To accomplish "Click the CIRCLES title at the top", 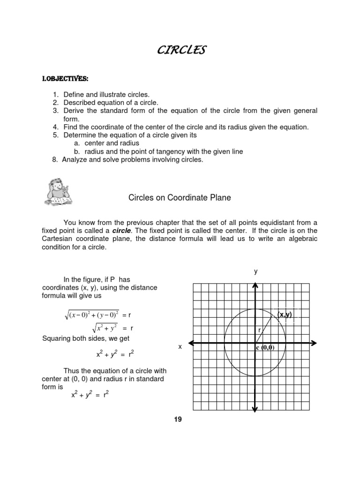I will click(180, 50).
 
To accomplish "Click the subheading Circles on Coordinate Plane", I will click(180, 198).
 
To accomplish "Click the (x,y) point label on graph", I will click(284, 315).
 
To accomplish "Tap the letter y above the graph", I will click(256, 271).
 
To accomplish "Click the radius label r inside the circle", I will click(259, 330).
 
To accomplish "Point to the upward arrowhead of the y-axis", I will click(255, 285).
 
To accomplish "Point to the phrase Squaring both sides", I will click(75, 338).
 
